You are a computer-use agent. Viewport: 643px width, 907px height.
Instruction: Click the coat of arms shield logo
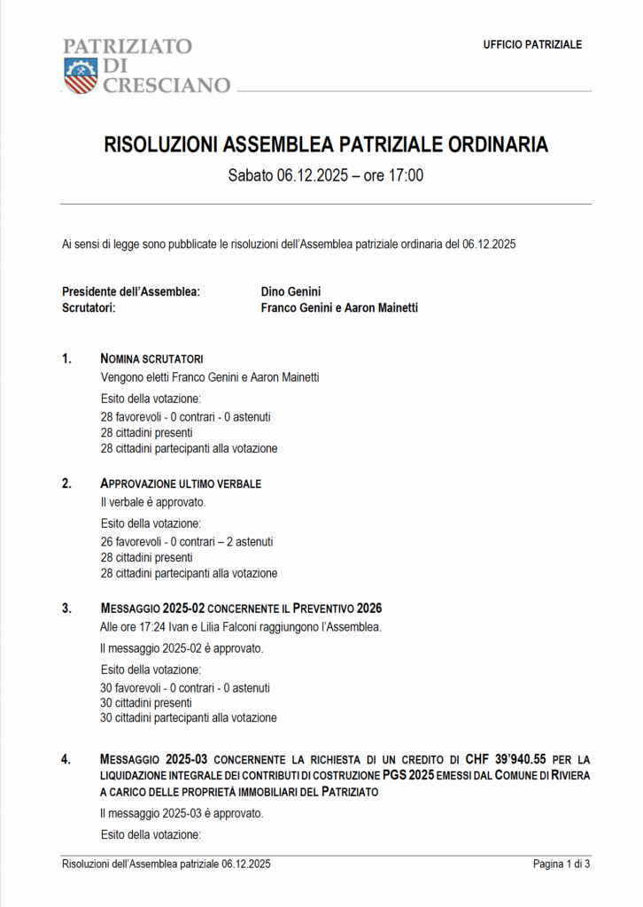coord(80,74)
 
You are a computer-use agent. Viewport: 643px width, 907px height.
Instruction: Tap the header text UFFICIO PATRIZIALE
coord(532,44)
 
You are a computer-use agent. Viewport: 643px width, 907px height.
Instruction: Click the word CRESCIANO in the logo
coord(166,86)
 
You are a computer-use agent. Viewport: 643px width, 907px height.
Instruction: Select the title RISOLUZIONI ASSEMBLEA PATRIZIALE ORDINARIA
coord(326,144)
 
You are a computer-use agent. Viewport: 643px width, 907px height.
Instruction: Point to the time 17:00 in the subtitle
coord(406,175)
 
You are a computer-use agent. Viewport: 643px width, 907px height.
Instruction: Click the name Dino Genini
coord(291,291)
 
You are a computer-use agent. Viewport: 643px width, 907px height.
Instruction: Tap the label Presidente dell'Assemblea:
coord(130,291)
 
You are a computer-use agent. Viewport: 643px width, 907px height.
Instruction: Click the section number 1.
coord(66,359)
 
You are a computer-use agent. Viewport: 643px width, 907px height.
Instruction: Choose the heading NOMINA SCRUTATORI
coord(151,359)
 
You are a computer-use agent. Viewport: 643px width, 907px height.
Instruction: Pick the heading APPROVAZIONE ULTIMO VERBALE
coord(181,484)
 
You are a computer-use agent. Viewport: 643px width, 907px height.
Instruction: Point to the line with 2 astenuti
coord(187,541)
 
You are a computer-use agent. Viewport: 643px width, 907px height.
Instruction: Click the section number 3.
coord(66,609)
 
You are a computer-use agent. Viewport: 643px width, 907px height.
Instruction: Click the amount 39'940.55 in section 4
coord(515,759)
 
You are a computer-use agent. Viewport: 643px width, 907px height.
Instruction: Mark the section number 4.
coord(66,759)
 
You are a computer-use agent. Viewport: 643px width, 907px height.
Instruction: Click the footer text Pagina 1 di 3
coord(561,864)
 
